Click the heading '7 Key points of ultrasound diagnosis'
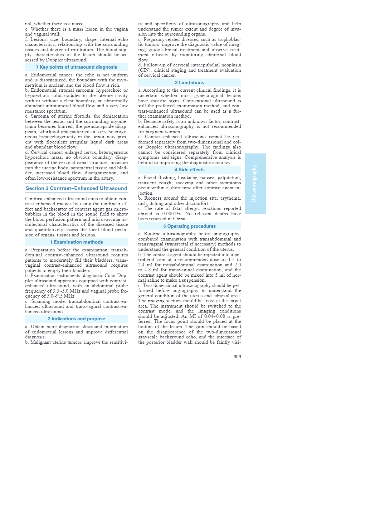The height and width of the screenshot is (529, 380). (76, 67)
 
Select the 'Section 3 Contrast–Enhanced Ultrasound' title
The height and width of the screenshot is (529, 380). (76, 188)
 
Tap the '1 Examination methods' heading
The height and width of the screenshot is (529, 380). (76, 242)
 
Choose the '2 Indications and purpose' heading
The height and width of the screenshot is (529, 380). (76, 319)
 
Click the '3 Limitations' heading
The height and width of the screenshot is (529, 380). (189, 83)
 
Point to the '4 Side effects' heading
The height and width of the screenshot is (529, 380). (189, 170)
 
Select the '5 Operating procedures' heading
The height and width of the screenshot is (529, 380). (189, 226)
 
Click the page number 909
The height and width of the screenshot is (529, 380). (237, 357)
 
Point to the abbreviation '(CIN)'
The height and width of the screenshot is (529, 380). (144, 70)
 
